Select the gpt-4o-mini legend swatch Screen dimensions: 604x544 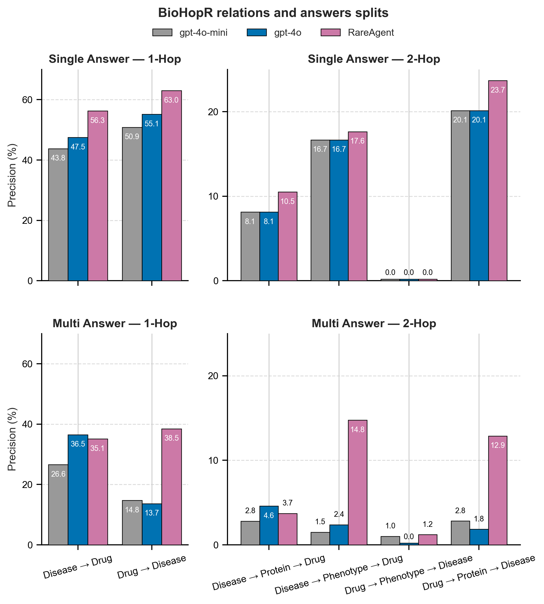162,32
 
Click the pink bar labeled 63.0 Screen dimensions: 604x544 172,185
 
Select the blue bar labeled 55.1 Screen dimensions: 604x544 152,197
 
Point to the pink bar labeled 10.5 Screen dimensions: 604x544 287,236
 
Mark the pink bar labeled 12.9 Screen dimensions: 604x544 497,490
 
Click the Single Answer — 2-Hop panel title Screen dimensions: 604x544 374,59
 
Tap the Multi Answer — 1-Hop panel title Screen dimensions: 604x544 115,324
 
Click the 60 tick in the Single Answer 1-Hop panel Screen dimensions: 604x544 28,100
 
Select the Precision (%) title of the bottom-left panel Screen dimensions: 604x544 12,439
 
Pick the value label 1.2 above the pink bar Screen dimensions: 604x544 427,524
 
